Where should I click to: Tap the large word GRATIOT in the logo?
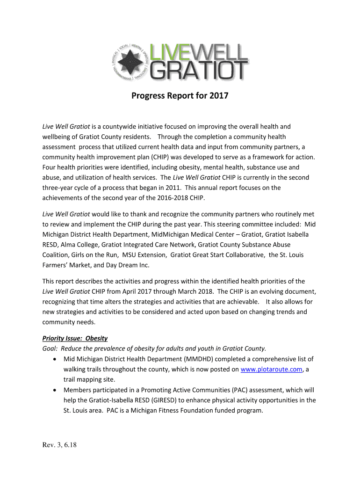[199, 72]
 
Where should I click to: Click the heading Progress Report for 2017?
[180, 96]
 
